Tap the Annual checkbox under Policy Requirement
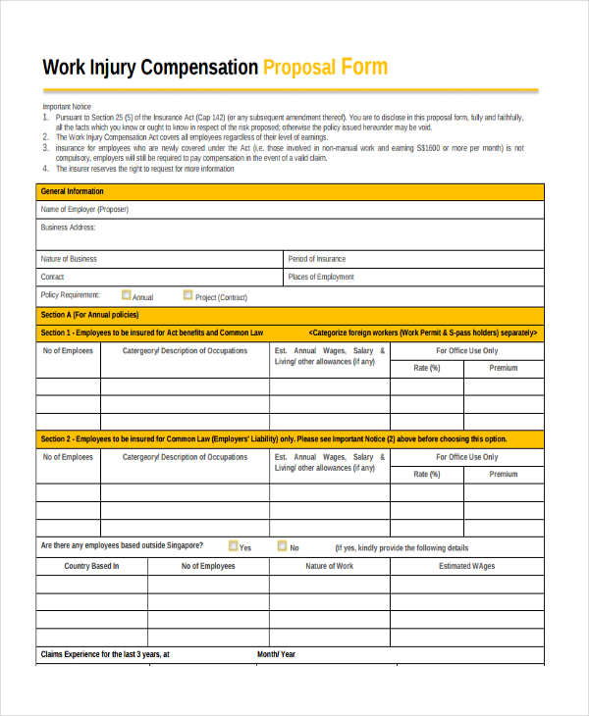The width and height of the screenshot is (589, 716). pos(126,294)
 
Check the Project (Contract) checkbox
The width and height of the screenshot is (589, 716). pos(187,294)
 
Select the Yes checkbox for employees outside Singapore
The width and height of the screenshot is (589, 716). pos(233,546)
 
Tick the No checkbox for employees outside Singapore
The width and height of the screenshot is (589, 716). pos(282,546)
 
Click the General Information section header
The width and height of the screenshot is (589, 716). pos(72,191)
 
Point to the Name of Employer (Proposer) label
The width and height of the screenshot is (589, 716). pos(84,209)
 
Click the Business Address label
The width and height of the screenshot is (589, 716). pos(68,228)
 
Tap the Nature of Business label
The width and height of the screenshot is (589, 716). pos(69,259)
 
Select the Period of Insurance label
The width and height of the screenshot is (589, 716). pos(317,259)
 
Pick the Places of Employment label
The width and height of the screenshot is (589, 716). pos(321,277)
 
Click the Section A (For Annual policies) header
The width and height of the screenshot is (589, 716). pos(89,315)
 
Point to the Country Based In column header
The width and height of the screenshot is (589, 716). pos(91,566)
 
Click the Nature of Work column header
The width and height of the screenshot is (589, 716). pos(330,566)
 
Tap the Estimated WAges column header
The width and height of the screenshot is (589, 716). pos(467,566)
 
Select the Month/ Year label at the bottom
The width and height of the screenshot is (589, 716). pos(276,654)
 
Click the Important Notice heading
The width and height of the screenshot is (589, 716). pos(66,106)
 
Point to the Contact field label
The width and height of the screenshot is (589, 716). pos(53,277)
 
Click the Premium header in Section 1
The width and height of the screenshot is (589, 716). pos(504,368)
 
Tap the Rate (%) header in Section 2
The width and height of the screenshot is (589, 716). pos(427,474)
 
